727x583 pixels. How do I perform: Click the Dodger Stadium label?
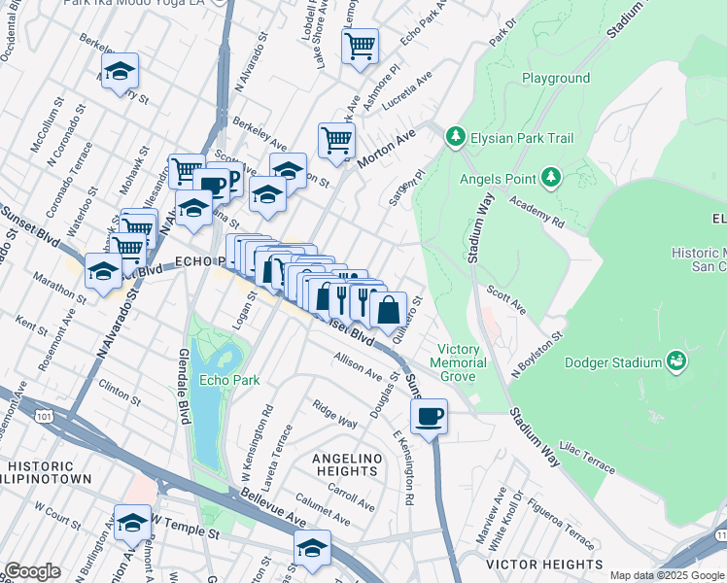click(614, 362)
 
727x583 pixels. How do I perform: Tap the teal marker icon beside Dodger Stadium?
click(677, 362)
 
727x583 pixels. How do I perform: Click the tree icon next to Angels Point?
click(551, 176)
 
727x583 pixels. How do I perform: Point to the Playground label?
click(556, 78)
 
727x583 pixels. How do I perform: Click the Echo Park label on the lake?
click(229, 380)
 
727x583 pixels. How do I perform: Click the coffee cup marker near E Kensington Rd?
click(429, 417)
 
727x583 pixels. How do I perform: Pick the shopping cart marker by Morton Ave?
click(336, 139)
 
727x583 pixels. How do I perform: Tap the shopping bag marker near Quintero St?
click(388, 310)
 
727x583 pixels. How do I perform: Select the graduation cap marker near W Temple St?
click(133, 522)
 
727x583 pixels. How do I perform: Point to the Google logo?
click(32, 571)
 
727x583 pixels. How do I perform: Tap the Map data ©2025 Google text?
click(667, 575)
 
